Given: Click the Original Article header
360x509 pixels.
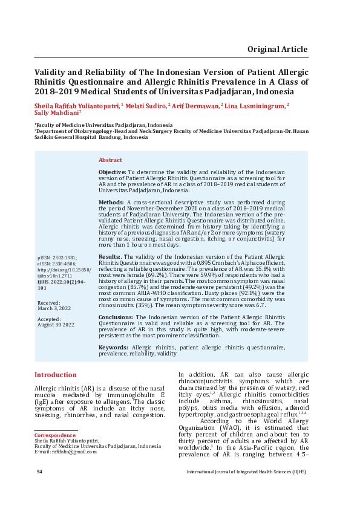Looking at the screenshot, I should pyautogui.click(x=277, y=50).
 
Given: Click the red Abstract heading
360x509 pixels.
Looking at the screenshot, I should pyautogui.click(x=110, y=160).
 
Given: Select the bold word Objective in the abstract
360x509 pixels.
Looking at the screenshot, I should pyautogui.click(x=112, y=173).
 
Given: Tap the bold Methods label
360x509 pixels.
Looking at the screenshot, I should pyautogui.click(x=111, y=201).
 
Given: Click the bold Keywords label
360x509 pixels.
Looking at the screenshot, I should pyautogui.click(x=113, y=347).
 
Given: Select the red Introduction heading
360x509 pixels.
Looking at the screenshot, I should pyautogui.click(x=55, y=375).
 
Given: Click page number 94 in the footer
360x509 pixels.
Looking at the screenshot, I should pyautogui.click(x=39, y=472).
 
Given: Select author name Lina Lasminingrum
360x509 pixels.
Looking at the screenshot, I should pyautogui.click(x=255, y=105).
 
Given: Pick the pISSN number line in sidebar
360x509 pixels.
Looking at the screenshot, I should pyautogui.click(x=57, y=257).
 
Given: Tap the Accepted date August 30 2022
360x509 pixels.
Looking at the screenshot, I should pyautogui.click(x=56, y=325).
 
